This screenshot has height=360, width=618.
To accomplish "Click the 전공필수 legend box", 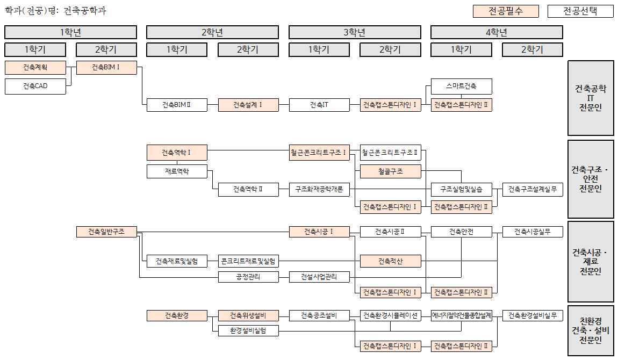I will (x=506, y=11).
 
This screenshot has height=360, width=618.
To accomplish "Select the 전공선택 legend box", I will (x=580, y=11).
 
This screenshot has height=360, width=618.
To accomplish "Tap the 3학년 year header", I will (x=354, y=32).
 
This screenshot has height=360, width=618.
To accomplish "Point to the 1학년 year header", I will (x=70, y=32).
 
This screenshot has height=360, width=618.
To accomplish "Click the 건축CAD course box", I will (x=35, y=86).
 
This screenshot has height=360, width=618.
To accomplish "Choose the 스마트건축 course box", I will (x=461, y=86).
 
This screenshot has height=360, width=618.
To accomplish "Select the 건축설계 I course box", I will (x=248, y=105).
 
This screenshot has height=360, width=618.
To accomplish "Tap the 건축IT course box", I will (x=319, y=105).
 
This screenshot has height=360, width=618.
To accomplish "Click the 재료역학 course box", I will (x=177, y=171).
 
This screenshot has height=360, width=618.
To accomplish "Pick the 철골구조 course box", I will (x=390, y=171).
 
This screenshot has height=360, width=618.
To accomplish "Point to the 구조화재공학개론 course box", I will (x=319, y=189).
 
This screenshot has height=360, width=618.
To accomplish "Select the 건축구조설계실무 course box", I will (x=532, y=189).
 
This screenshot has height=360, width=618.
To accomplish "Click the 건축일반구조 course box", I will (x=106, y=232).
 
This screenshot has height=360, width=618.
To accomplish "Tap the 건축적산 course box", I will (x=390, y=261).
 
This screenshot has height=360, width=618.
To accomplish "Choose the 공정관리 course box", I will (x=248, y=277).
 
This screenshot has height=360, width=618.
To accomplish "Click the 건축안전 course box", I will (x=461, y=232).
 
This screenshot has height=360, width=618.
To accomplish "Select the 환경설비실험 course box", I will (x=248, y=330).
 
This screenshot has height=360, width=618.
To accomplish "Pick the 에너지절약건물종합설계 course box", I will (x=461, y=315).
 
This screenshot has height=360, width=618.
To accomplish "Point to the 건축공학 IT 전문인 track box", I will (x=590, y=98).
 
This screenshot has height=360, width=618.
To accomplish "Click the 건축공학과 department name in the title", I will (x=84, y=10).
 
